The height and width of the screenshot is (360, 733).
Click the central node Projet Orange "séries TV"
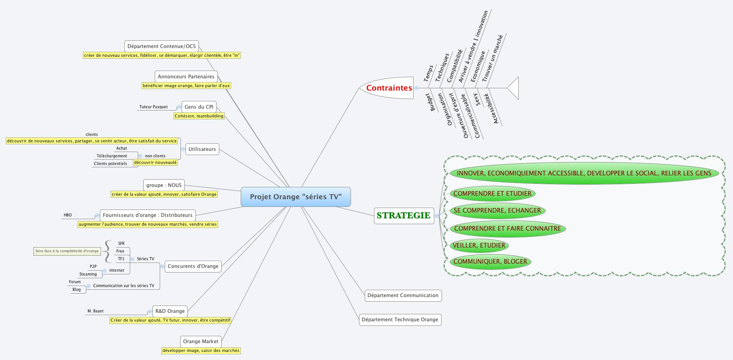pyautogui.click(x=296, y=197)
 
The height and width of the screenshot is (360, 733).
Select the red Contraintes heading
pyautogui.click(x=389, y=88)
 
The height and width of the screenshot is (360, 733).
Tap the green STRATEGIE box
pyautogui.click(x=404, y=215)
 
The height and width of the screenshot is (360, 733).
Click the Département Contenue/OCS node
pyautogui.click(x=161, y=46)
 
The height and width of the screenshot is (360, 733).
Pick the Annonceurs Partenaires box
pyautogui.click(x=186, y=76)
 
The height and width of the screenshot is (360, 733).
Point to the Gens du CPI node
pyautogui.click(x=199, y=107)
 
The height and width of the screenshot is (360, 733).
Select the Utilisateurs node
pyautogui.click(x=202, y=149)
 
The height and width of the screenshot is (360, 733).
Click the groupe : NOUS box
pyautogui.click(x=164, y=185)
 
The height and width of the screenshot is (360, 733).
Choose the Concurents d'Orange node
pyautogui.click(x=193, y=266)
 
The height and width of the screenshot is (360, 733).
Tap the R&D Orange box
pyautogui.click(x=170, y=311)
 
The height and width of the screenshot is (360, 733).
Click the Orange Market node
pyautogui.click(x=200, y=341)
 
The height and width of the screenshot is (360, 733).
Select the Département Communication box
pyautogui.click(x=403, y=295)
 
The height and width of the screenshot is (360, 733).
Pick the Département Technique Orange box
pyautogui.click(x=400, y=319)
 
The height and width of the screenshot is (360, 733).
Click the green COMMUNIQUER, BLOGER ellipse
pyautogui.click(x=490, y=261)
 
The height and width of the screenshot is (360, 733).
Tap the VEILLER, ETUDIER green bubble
pyautogui.click(x=479, y=245)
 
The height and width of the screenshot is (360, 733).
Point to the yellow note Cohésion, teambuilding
pyautogui.click(x=199, y=116)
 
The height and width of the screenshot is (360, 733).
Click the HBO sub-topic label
pyautogui.click(x=68, y=215)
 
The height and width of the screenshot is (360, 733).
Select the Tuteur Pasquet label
pyautogui.click(x=153, y=107)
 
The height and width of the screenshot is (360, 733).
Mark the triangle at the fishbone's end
pyautogui.click(x=513, y=88)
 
